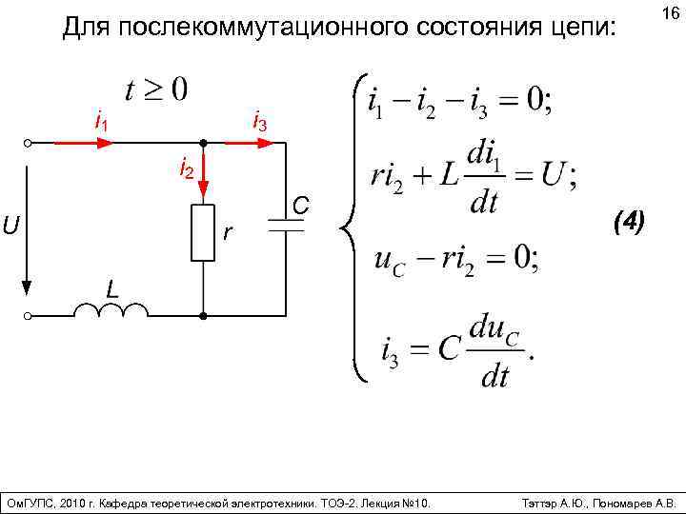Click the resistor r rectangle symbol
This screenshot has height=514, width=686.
(203, 232)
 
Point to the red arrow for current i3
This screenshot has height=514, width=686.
(251, 143)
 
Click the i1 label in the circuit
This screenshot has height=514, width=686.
(99, 122)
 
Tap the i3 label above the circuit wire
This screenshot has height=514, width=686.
(259, 123)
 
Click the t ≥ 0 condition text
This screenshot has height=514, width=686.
(156, 91)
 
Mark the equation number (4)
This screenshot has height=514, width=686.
(630, 223)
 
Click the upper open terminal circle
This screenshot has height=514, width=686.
(29, 143)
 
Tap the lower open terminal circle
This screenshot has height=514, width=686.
(29, 315)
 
